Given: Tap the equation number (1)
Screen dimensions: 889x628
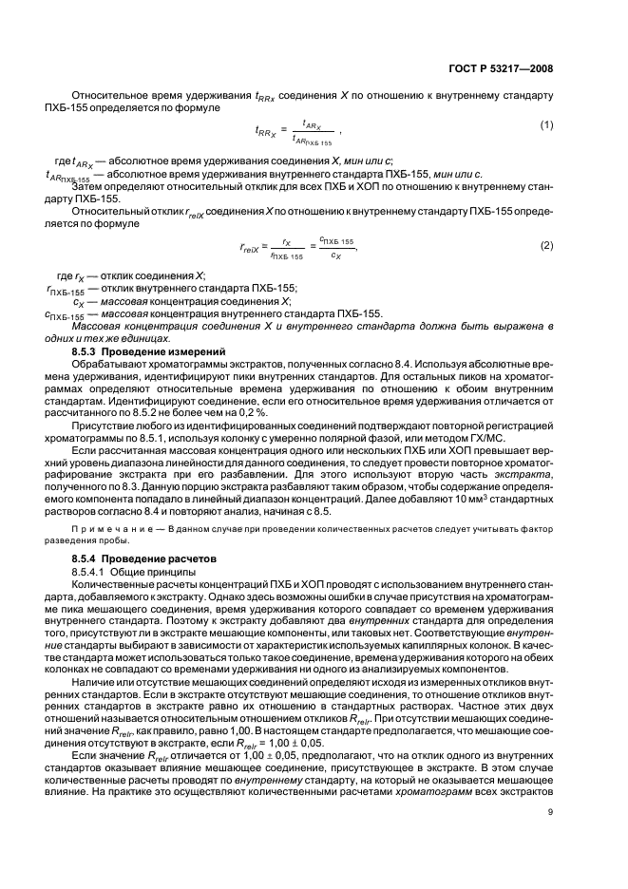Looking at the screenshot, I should [x=546, y=125].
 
